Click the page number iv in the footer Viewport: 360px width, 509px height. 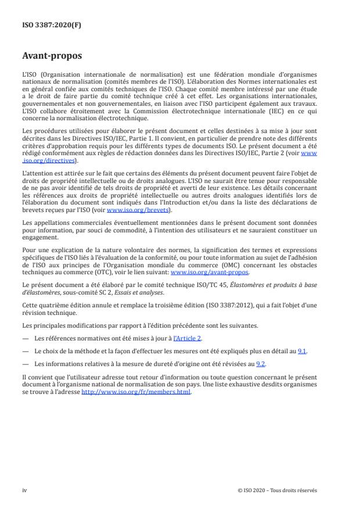(24, 490)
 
